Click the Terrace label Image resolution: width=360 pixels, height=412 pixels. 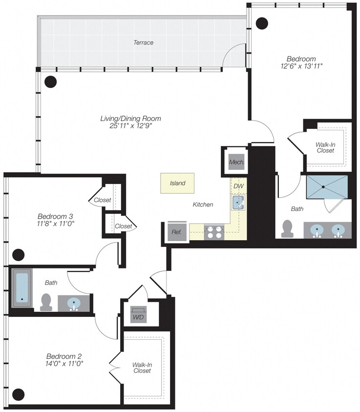pyautogui.click(x=143, y=42)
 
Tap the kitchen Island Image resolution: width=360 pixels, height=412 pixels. pyautogui.click(x=177, y=184)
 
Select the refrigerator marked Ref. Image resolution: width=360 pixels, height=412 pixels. pyautogui.click(x=176, y=232)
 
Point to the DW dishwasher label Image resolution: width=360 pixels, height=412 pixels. pyautogui.click(x=238, y=186)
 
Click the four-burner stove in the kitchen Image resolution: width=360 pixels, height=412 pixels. pyautogui.click(x=214, y=232)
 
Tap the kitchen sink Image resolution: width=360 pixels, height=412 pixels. pyautogui.click(x=238, y=203)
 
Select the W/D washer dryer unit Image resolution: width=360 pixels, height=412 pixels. pyautogui.click(x=137, y=314)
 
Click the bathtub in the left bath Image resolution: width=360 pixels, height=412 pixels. pyautogui.click(x=22, y=288)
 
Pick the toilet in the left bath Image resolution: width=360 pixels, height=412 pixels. pyautogui.click(x=46, y=302)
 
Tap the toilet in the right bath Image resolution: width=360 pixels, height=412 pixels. pyautogui.click(x=288, y=228)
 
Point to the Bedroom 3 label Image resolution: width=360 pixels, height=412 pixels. pyautogui.click(x=55, y=216)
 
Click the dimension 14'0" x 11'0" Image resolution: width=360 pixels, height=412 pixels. pyautogui.click(x=65, y=363)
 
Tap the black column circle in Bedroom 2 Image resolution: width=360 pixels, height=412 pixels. pyautogui.click(x=19, y=394)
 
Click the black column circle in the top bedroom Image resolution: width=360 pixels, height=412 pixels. pyautogui.click(x=262, y=22)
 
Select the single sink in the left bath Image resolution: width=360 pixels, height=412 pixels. pyautogui.click(x=74, y=303)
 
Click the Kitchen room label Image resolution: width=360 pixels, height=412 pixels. pyautogui.click(x=203, y=205)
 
